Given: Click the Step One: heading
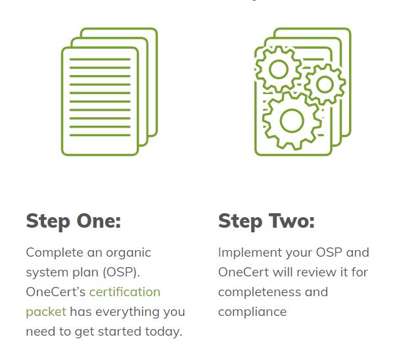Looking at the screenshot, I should click(x=74, y=220).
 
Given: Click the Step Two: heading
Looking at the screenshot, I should click(x=266, y=220).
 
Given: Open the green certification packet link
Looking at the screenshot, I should click(x=125, y=292).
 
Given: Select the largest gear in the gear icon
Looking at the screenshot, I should click(x=291, y=120).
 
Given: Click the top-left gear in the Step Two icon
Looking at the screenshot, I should click(x=278, y=68).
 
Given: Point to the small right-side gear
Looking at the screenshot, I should click(x=325, y=83).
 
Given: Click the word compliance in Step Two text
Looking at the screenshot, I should click(x=252, y=311).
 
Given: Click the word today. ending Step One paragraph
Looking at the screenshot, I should click(x=163, y=331).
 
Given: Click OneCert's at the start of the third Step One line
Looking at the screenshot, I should click(x=55, y=292).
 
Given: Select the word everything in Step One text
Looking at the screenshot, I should click(x=129, y=311).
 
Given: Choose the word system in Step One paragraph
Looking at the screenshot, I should click(x=46, y=272).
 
